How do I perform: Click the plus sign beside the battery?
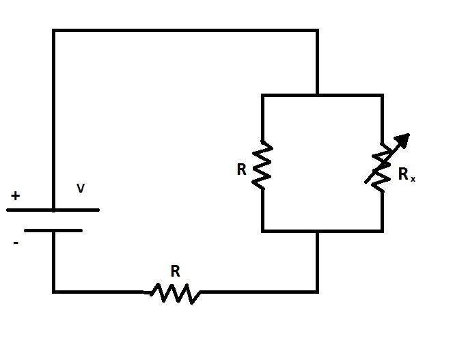15,196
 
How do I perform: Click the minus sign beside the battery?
15,242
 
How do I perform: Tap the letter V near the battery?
81,189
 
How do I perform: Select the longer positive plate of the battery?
53,210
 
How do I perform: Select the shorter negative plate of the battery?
53,230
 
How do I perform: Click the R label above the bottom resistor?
175,271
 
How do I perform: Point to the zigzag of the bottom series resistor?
175,293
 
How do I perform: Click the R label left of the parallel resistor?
241,169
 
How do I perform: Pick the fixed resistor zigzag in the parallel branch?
262,165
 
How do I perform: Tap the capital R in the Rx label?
403,174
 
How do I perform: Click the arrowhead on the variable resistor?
404,140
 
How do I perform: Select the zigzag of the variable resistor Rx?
381,167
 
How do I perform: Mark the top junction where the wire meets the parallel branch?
317,96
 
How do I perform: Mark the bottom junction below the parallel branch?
317,231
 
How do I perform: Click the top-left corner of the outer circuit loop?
54,30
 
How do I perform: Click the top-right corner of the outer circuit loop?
317,30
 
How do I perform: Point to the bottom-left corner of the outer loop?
54,292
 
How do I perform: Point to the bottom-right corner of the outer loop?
317,292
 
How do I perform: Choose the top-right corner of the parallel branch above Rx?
381,96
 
